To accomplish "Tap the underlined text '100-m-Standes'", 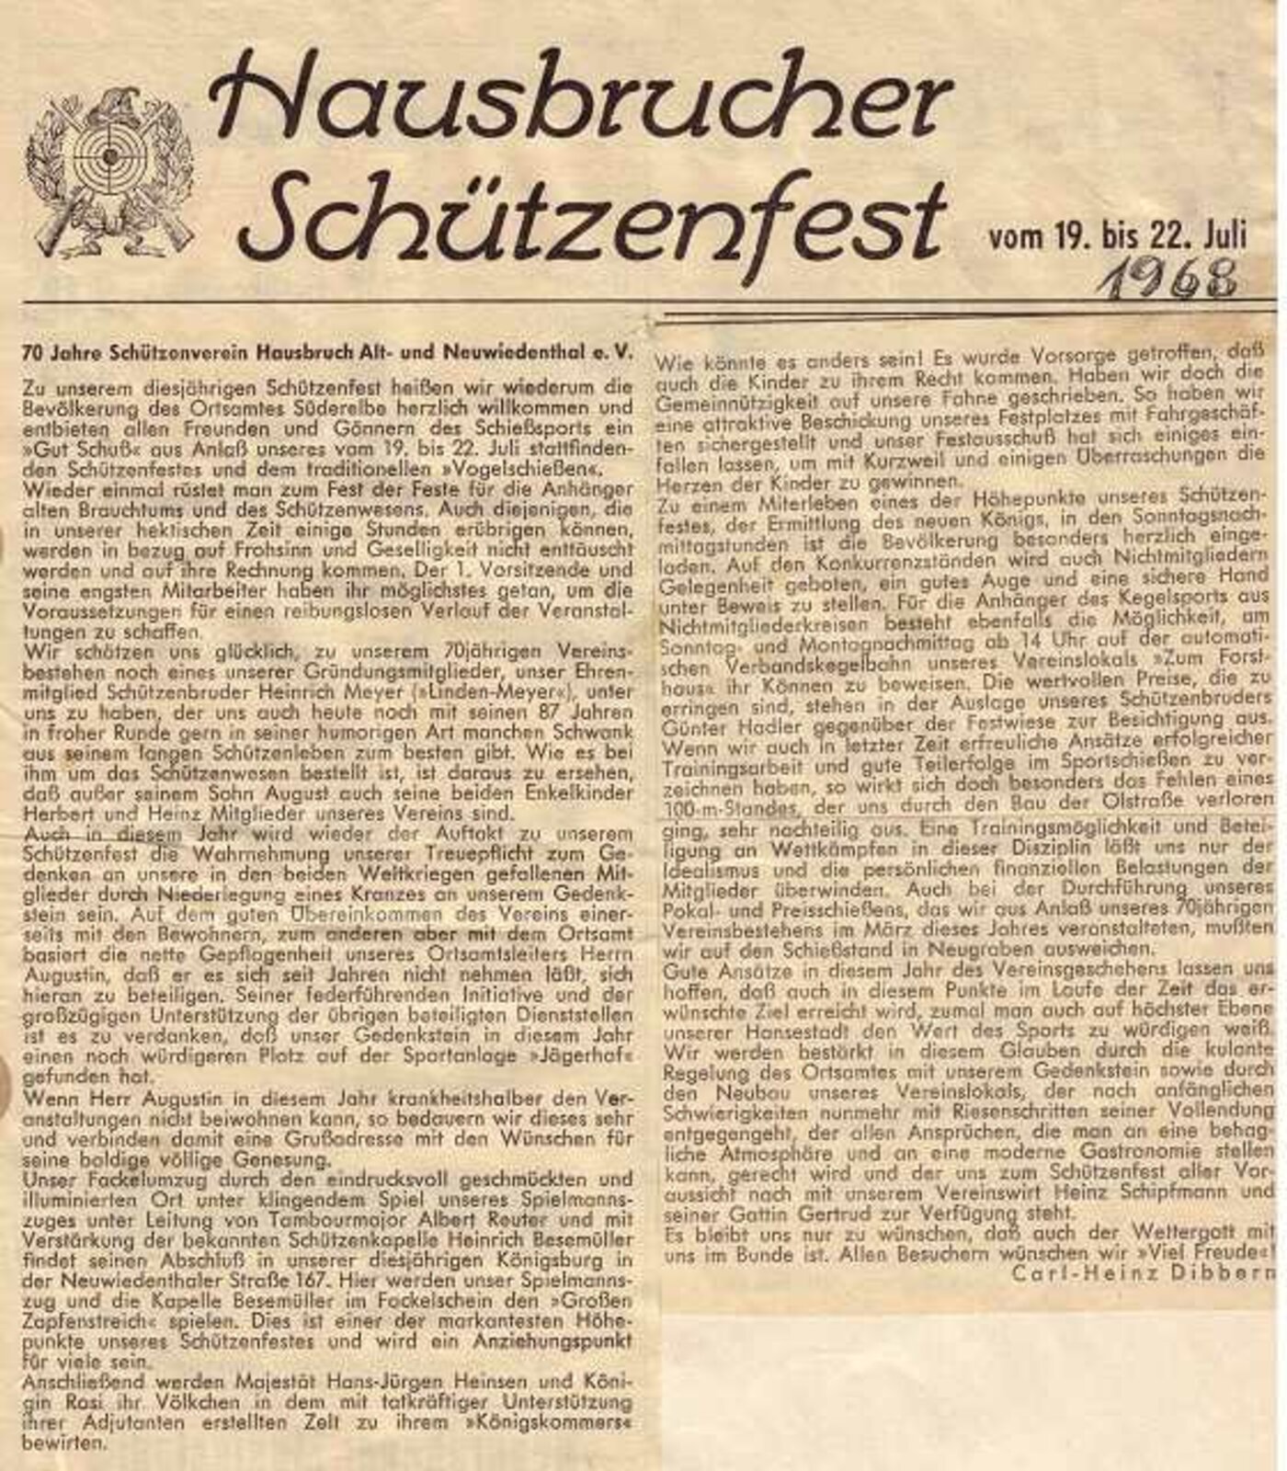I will [x=727, y=810].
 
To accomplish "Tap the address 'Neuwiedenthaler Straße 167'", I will [x=156, y=1281].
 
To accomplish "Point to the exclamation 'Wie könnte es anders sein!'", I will [x=791, y=356].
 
